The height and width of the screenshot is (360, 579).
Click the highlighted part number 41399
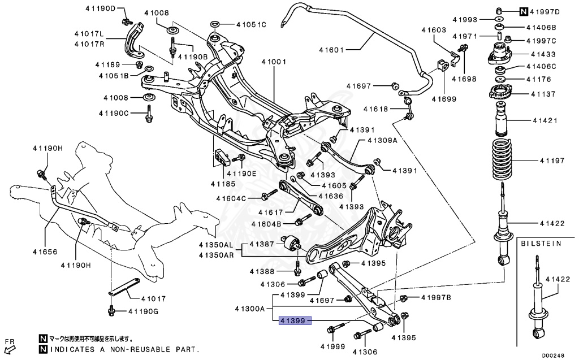(x=293, y=321)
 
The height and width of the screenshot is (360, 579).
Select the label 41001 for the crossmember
(x=274, y=61)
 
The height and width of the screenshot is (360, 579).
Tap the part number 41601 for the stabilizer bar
(x=331, y=50)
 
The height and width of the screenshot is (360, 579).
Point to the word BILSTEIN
(x=541, y=244)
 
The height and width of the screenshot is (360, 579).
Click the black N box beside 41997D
(x=524, y=12)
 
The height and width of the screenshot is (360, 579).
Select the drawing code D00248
(x=553, y=355)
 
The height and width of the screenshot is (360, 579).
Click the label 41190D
(x=101, y=8)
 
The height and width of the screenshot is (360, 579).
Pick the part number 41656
(x=45, y=252)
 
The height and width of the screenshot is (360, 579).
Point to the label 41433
(x=543, y=54)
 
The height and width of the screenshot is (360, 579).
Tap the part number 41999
(x=332, y=346)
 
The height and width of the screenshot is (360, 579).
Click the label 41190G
(x=143, y=311)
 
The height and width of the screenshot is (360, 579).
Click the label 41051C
(x=251, y=24)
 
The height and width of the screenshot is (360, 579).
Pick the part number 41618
(x=375, y=109)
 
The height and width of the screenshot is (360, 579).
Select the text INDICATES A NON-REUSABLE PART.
(x=124, y=349)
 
